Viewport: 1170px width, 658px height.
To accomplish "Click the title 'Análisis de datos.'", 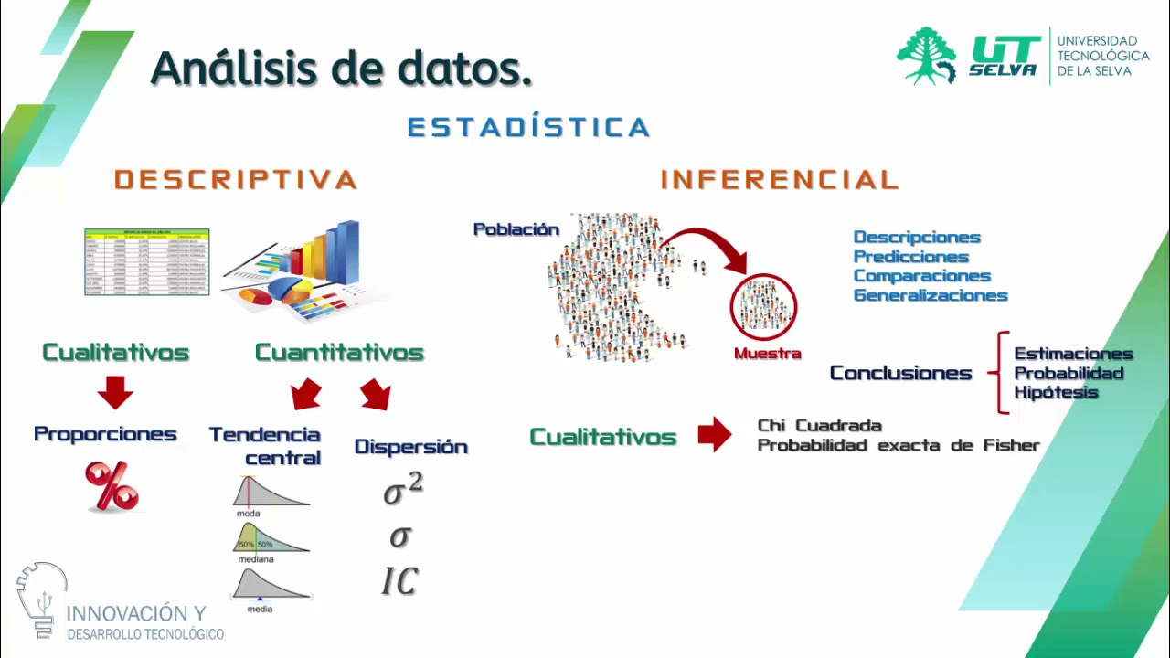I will (x=341, y=69).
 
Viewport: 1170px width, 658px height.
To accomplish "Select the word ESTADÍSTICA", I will (x=528, y=127).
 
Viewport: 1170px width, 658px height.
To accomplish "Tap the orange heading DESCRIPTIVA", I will (x=236, y=179).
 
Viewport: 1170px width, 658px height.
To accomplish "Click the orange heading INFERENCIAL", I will (x=780, y=179).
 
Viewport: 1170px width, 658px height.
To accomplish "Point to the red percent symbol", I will (x=112, y=486).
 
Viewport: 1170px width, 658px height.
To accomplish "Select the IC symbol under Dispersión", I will (x=399, y=581).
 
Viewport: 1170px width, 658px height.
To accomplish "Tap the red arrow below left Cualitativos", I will (x=115, y=392).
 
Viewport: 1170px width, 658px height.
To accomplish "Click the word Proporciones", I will (x=105, y=434).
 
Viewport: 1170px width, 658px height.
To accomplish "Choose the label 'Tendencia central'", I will (x=265, y=446).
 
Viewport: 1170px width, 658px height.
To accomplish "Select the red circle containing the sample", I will (x=763, y=307).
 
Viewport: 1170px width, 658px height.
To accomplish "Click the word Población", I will (x=516, y=229).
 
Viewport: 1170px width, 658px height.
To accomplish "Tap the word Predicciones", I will (x=910, y=257).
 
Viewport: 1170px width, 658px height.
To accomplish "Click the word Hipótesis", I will (x=1056, y=393).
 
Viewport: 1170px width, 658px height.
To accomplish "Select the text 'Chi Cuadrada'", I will (x=819, y=426).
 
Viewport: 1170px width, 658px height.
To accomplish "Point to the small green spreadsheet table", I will (x=147, y=262).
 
